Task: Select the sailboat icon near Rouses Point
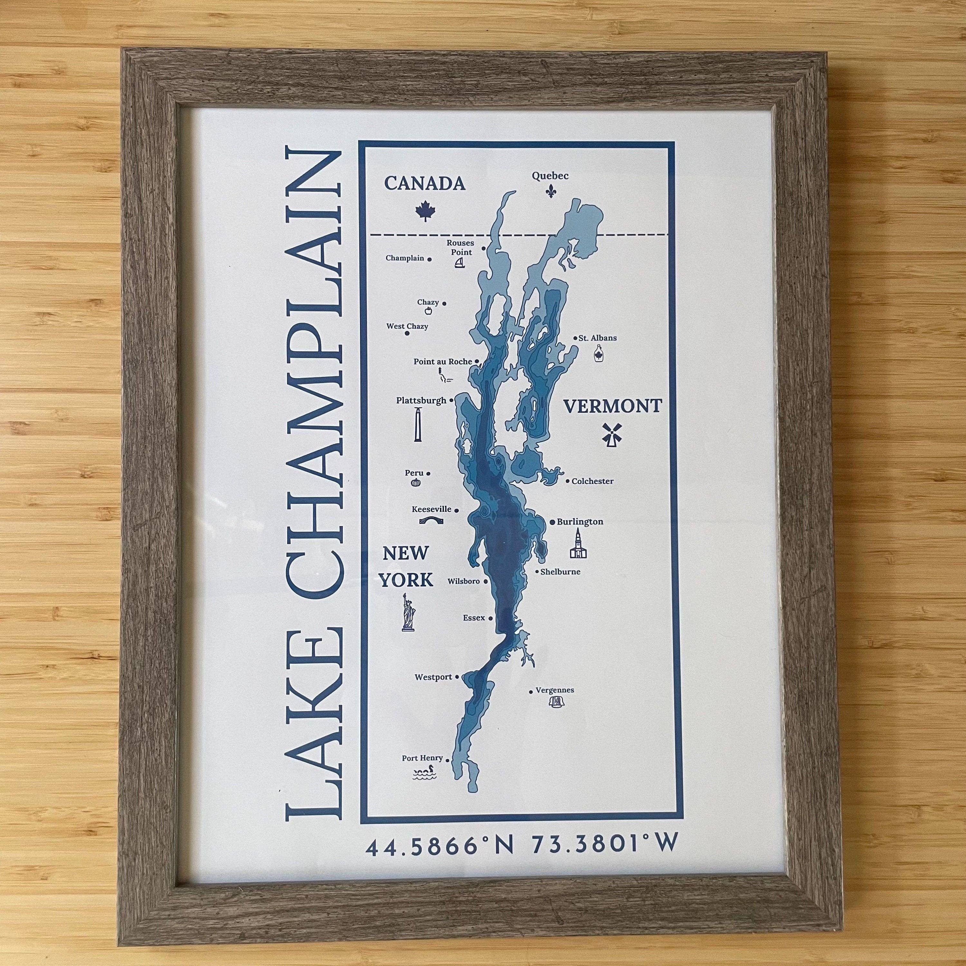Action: pyautogui.click(x=460, y=263)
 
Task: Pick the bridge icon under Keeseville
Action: pyautogui.click(x=431, y=521)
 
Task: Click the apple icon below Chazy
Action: pyautogui.click(x=428, y=311)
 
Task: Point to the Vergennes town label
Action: pyautogui.click(x=554, y=690)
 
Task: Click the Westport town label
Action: pyautogui.click(x=433, y=677)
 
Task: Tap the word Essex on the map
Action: pyautogui.click(x=473, y=618)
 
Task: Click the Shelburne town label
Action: pyautogui.click(x=561, y=572)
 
